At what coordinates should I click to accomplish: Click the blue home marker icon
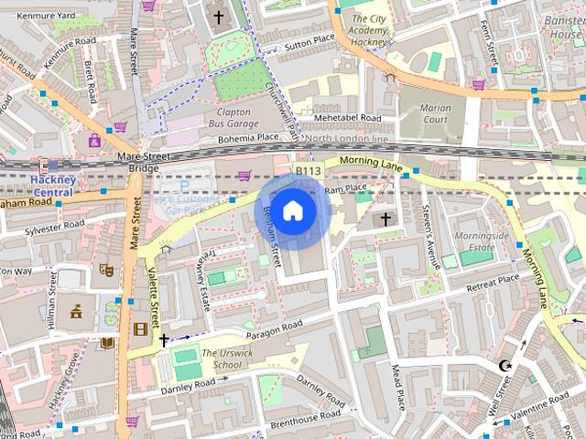click(x=292, y=211)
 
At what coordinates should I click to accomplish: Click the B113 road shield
click(x=308, y=171)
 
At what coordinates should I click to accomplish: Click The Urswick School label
click(x=222, y=359)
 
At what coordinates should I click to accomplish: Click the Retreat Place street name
click(x=493, y=284)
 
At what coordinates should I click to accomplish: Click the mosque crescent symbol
click(x=502, y=367)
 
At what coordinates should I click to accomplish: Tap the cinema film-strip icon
click(x=139, y=329)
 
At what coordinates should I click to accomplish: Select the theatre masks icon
click(x=106, y=271)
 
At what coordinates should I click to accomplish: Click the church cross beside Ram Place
click(x=386, y=219)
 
